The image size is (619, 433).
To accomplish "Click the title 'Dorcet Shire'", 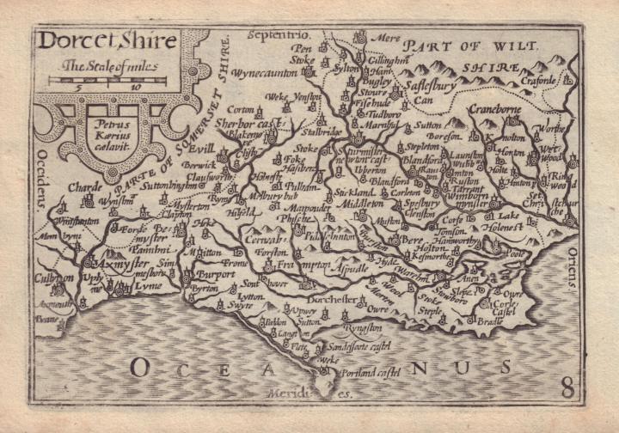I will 106,41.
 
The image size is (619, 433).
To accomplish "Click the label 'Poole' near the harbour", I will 517,254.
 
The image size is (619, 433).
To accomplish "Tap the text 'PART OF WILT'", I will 472,45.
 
